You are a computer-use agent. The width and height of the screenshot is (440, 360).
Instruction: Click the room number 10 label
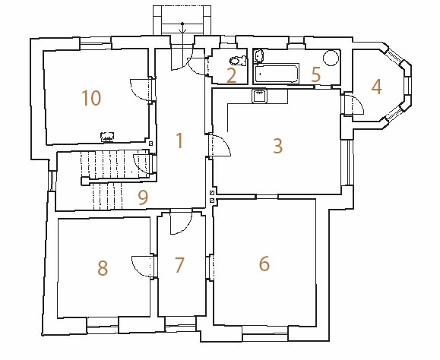tap(91, 98)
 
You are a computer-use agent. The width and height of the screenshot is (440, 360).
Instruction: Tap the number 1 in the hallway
tap(179, 141)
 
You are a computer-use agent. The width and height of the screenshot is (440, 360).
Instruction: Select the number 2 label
tap(231, 76)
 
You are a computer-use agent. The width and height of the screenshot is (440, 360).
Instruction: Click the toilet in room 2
tap(238, 61)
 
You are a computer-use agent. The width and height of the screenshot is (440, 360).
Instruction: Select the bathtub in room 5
tap(276, 74)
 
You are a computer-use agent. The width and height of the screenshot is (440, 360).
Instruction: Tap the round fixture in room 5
tap(331, 58)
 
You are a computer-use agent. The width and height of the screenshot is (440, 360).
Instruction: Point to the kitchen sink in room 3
tap(260, 96)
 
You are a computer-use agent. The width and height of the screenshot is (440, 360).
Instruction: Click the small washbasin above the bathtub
tap(258, 56)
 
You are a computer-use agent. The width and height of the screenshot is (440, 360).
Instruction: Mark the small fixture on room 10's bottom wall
tap(107, 137)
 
